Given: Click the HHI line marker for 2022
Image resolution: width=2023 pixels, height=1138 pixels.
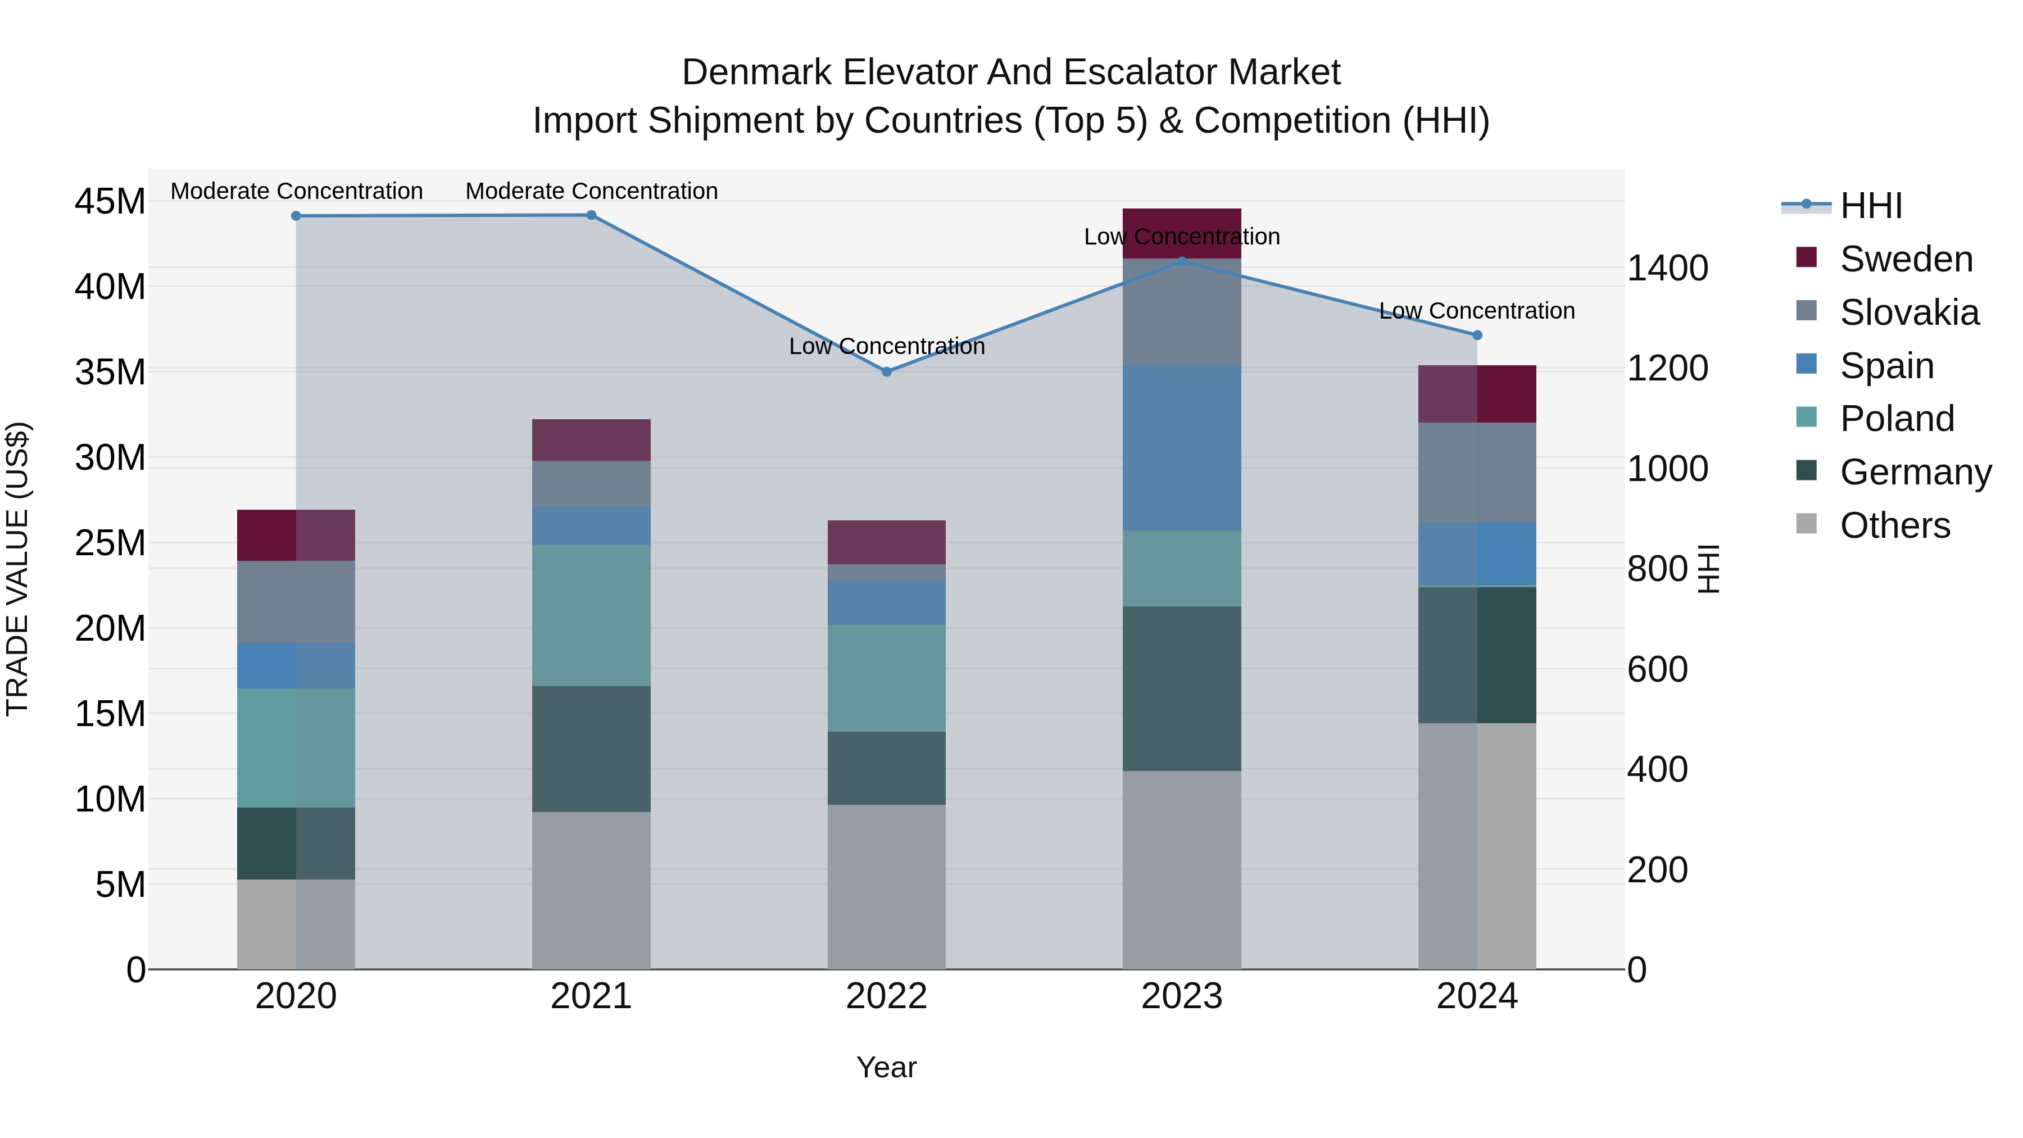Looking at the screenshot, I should tap(887, 371).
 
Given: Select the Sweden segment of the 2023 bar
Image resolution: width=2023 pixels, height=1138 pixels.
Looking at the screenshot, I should tap(1181, 233).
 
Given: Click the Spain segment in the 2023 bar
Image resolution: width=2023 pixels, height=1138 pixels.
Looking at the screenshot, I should tap(1181, 448).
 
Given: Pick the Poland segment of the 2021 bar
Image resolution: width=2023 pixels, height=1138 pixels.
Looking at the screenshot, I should tap(591, 616).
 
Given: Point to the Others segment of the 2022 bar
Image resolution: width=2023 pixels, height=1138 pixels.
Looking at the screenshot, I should tap(887, 887).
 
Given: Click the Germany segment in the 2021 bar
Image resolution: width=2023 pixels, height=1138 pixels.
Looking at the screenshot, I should tap(591, 749).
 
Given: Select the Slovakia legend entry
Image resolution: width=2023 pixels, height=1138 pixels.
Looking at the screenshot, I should tap(1909, 312).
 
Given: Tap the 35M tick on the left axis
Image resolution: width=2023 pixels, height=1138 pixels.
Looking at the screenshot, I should tap(110, 372).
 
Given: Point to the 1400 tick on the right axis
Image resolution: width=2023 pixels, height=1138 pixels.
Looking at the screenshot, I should tap(1667, 268).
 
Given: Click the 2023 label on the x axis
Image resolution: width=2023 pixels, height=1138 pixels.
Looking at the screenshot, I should tap(1181, 996).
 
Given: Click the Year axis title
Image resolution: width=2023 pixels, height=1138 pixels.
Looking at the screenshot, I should tap(887, 1067).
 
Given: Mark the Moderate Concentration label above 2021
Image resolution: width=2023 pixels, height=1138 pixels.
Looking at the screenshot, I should tap(591, 191).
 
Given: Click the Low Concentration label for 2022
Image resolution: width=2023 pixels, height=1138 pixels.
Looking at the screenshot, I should tap(887, 346).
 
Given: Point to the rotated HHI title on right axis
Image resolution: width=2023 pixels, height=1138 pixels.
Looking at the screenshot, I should tap(1709, 569).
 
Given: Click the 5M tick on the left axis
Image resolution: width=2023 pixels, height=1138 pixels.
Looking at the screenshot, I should tap(120, 885).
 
